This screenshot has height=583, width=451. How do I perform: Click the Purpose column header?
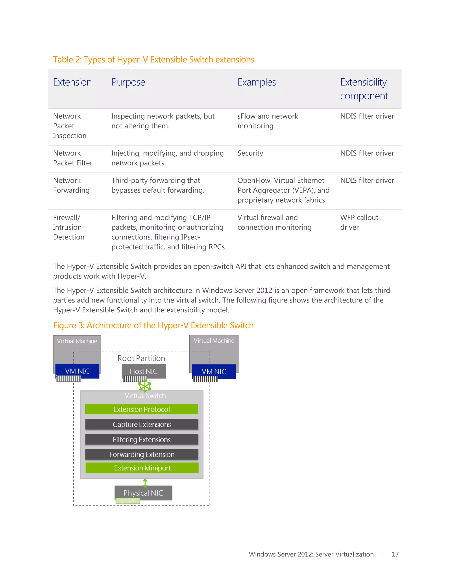tap(128, 82)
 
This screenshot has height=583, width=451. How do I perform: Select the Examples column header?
tap(257, 82)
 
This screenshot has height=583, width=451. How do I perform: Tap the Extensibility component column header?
tap(364, 89)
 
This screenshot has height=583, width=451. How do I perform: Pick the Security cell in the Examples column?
tap(250, 153)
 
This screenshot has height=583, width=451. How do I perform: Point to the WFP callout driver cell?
tap(359, 222)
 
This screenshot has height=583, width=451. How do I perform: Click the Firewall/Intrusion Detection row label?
tap(69, 227)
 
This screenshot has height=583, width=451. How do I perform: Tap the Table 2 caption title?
tap(154, 60)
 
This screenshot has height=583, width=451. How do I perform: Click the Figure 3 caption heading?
tap(153, 325)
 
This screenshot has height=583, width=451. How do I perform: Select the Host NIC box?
tap(144, 371)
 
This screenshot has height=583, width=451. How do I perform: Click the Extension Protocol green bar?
tap(142, 409)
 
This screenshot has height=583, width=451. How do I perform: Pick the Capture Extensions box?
tap(142, 424)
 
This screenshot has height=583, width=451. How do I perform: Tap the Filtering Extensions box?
tap(142, 439)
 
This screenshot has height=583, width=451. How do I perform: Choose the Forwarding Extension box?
tap(142, 454)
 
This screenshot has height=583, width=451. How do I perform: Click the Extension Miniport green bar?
tap(142, 468)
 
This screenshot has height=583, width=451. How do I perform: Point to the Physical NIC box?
tap(143, 493)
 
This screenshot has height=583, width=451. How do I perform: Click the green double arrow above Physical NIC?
tap(145, 483)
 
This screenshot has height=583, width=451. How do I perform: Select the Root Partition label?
tap(141, 358)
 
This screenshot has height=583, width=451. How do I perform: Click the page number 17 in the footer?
tap(395, 554)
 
